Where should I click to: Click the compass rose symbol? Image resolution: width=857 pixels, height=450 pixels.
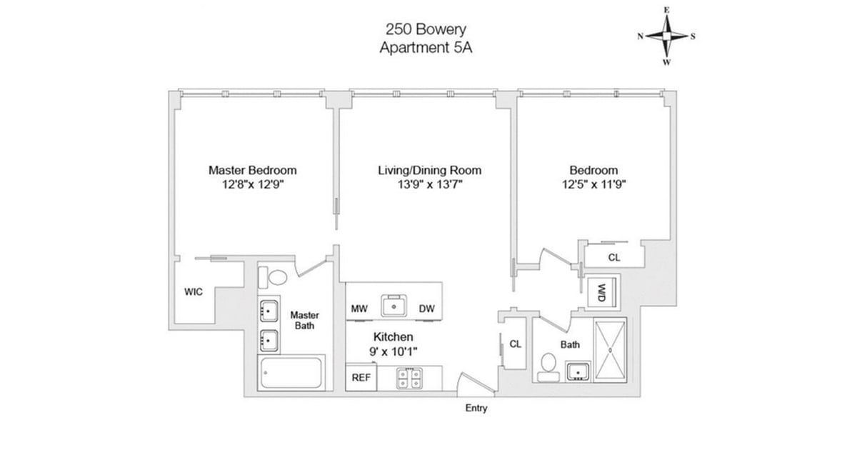click(666, 36)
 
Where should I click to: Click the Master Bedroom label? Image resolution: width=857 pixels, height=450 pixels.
click(252, 170)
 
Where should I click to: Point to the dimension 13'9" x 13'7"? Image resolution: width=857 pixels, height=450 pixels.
click(429, 185)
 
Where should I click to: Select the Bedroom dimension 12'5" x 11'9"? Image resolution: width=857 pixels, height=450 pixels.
click(593, 185)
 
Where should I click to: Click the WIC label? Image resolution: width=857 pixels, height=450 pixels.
click(193, 291)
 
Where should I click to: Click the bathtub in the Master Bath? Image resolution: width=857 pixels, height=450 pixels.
click(291, 373)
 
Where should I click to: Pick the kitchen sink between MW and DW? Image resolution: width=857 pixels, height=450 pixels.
click(394, 306)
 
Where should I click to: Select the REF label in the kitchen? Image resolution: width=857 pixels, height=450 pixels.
click(360, 379)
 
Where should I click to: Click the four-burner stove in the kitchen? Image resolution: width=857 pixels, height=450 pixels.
click(410, 379)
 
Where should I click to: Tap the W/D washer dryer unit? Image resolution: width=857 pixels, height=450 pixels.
click(601, 291)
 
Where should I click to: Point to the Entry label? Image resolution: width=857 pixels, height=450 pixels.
click(476, 409)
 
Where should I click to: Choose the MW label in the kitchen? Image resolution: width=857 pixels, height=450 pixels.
click(359, 309)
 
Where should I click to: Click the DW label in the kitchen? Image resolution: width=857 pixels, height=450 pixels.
click(427, 309)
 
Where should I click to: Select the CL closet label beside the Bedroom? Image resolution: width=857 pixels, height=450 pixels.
click(613, 257)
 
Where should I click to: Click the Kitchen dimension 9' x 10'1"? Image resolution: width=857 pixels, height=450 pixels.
click(394, 351)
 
